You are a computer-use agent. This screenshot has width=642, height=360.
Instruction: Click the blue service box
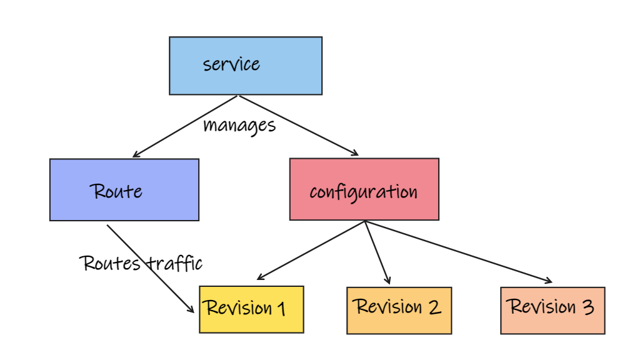(245, 66)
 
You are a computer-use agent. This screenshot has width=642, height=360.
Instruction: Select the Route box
(124, 190)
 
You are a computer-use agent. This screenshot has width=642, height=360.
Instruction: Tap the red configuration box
(364, 189)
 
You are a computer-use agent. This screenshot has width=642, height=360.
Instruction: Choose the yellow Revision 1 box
(251, 309)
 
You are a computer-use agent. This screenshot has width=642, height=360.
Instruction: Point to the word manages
(239, 125)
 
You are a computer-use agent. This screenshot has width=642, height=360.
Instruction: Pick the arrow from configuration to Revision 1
(311, 250)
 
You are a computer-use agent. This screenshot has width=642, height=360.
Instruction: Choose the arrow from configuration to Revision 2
(377, 252)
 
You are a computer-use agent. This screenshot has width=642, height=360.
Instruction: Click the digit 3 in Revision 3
(588, 307)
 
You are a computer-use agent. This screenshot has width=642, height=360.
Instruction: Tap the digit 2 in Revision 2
(434, 307)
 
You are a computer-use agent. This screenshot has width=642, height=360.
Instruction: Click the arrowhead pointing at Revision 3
(549, 281)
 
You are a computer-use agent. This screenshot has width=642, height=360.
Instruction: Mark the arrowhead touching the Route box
(136, 154)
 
